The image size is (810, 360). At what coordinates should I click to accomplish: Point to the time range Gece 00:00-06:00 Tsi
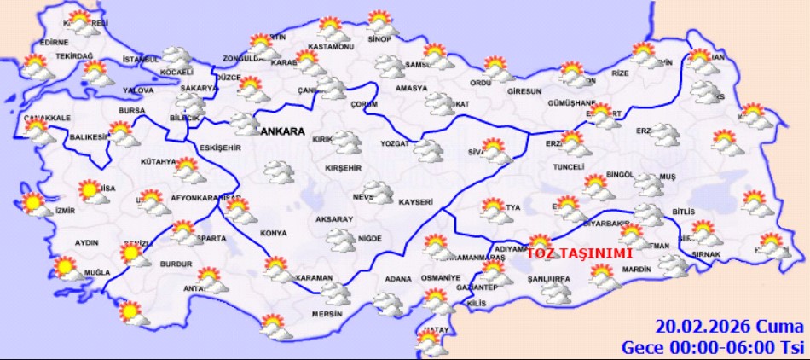[x=711, y=347]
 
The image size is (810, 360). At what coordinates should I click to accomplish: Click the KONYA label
[x=273, y=233]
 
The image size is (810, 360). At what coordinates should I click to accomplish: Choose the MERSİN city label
[x=327, y=314]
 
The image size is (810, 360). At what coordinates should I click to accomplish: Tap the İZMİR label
[x=65, y=211]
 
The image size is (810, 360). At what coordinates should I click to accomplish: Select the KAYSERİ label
[x=416, y=202]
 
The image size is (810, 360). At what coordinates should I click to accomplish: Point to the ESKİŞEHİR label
[x=221, y=148]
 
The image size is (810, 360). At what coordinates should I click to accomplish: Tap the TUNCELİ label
[x=568, y=166]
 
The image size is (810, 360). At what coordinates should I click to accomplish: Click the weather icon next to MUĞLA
[x=66, y=269]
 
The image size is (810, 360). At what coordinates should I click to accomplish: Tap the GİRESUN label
[x=524, y=91]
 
